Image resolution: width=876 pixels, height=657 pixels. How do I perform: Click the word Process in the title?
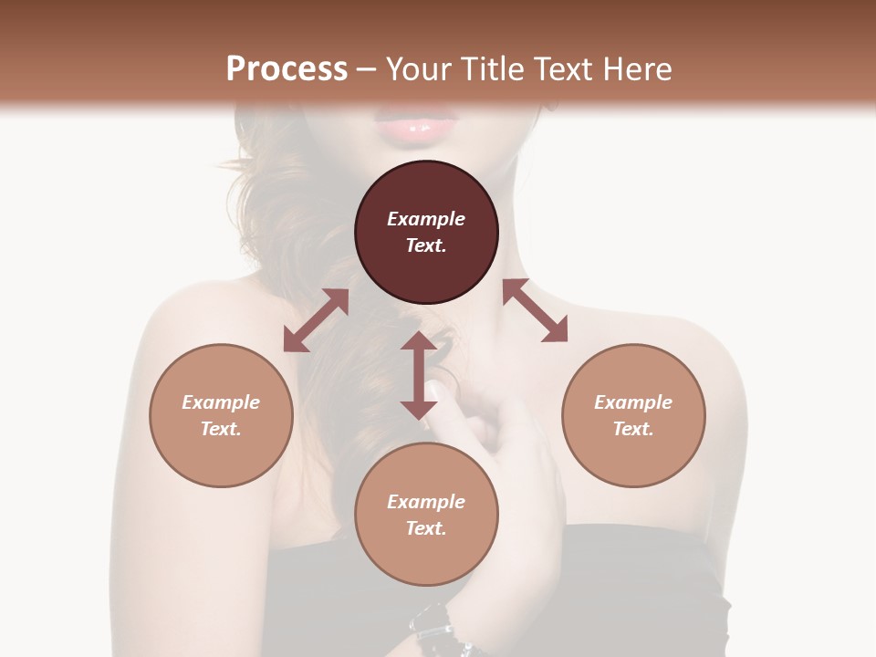coord(287,69)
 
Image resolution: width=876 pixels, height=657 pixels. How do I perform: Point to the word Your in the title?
coord(419,69)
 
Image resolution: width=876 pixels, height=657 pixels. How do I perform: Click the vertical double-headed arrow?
coord(419,375)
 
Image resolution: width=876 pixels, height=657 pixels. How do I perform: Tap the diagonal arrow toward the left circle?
coord(316,320)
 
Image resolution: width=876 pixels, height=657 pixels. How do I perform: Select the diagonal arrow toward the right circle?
coord(535,310)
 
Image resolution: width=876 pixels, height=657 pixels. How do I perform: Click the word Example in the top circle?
coord(426,219)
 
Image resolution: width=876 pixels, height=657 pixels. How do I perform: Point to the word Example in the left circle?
coord(221,402)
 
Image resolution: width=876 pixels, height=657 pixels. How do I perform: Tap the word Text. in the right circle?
coord(633,429)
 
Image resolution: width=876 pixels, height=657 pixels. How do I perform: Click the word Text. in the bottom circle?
coord(426,528)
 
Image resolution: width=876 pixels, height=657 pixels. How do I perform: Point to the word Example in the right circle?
coord(633,402)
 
